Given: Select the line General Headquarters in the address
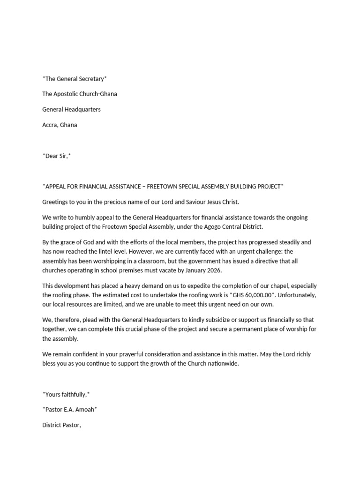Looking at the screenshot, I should click(x=71, y=109).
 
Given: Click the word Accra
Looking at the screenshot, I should click(x=50, y=125).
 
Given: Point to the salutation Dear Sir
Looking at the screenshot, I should click(x=56, y=156).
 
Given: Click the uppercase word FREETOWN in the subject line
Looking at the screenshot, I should click(x=162, y=187).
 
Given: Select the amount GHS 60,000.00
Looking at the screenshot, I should click(x=247, y=295).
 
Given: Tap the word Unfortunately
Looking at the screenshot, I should click(x=296, y=295).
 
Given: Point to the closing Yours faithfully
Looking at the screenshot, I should click(x=66, y=394).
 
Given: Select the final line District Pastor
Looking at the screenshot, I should click(x=62, y=425).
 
